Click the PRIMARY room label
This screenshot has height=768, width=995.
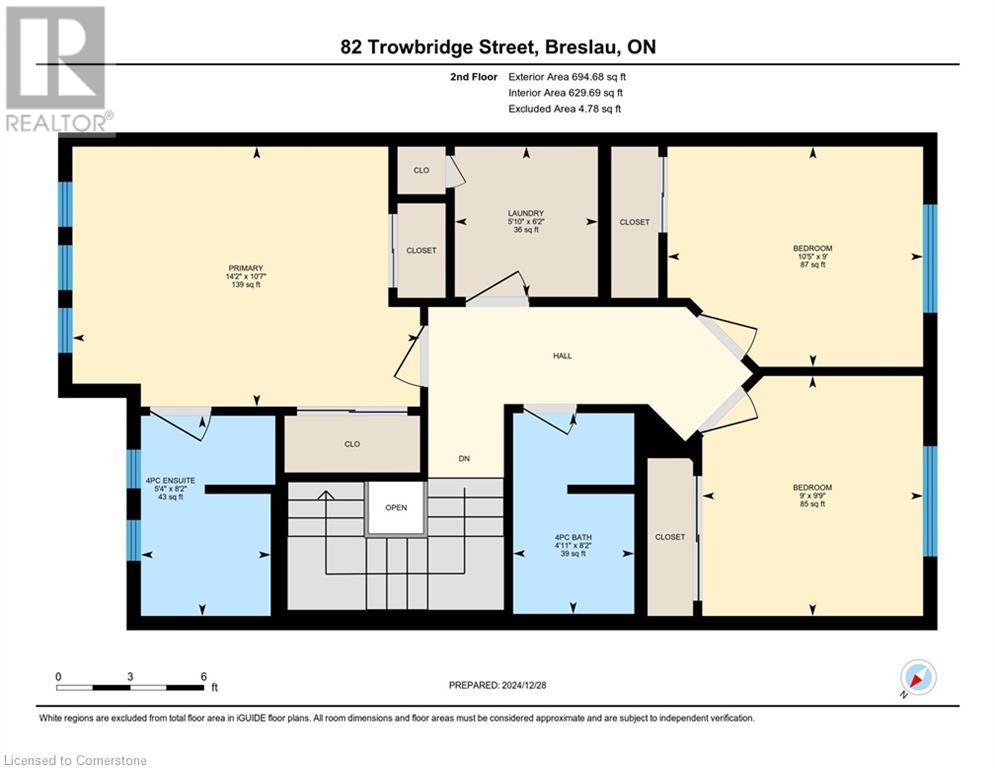coord(246,268)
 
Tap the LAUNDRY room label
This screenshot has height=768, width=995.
coord(526,213)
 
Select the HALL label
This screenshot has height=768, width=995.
coord(562,356)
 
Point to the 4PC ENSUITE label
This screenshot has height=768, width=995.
coord(171,481)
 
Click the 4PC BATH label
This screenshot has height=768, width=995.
coord(573,538)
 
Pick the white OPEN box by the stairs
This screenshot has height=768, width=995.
coord(396,508)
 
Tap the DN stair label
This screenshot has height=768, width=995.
coord(464,458)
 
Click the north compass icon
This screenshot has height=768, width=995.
coord(918,677)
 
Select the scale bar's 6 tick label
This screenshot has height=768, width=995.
coord(204,677)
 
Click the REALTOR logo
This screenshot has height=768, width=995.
coord(57,69)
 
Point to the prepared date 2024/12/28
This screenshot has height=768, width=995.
coord(524,685)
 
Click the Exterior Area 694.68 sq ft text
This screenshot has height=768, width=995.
coord(567,77)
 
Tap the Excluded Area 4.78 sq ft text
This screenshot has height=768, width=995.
coord(565,109)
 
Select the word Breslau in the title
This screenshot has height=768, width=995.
coord(583,47)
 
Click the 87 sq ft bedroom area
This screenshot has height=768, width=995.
coord(813,265)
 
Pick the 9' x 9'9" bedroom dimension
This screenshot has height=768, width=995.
coord(812,496)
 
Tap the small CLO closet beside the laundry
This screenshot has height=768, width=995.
coord(421,170)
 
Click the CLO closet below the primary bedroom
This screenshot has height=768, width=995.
coord(352,444)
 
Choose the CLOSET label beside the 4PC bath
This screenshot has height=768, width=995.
coord(670,537)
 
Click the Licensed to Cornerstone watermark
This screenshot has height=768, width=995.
coord(75,760)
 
